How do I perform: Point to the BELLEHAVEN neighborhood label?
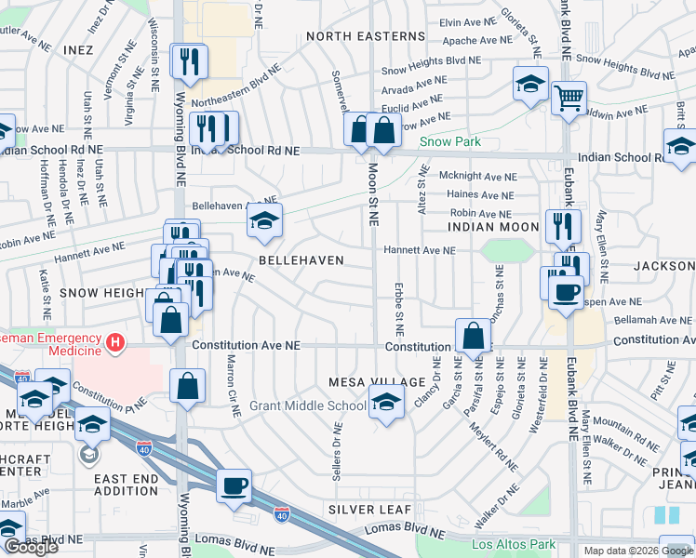tap(301, 260)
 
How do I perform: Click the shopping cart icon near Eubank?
tap(568, 97)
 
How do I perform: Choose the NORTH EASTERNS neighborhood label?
tap(365, 36)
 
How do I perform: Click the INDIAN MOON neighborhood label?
tap(492, 227)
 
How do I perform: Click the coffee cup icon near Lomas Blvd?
tap(234, 485)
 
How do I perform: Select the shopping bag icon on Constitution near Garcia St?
tap(473, 336)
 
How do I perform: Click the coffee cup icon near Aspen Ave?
tap(566, 292)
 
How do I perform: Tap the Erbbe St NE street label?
tap(398, 309)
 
